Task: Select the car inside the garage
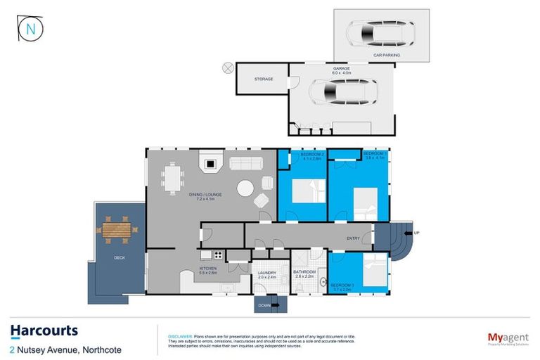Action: point(343,91)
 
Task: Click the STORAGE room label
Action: point(264,79)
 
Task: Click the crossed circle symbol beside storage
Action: point(227,67)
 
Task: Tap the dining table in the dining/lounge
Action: point(173,178)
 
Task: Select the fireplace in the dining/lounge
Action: point(210,163)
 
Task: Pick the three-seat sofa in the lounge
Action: point(245,164)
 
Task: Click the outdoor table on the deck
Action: point(116,229)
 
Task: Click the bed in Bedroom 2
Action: point(307,191)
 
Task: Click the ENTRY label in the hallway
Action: point(353,238)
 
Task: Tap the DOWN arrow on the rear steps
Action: point(274,305)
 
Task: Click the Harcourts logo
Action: point(44,330)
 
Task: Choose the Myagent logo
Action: point(508,338)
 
